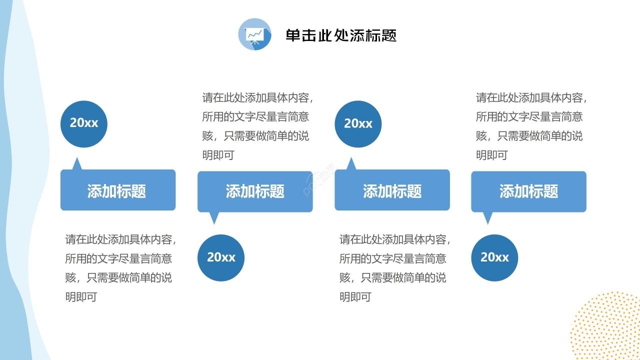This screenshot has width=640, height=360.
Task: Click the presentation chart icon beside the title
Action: pyautogui.click(x=255, y=34)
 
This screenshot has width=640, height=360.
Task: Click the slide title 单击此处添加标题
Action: pyautogui.click(x=341, y=35)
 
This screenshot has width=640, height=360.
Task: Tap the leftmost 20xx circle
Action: pyautogui.click(x=84, y=123)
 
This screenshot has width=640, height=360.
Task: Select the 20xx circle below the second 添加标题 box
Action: pyautogui.click(x=221, y=257)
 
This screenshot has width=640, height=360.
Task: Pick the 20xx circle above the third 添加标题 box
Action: pyautogui.click(x=358, y=124)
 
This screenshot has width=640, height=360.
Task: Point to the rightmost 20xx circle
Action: pyautogui.click(x=494, y=257)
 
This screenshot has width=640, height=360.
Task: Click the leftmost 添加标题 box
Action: pyautogui.click(x=118, y=190)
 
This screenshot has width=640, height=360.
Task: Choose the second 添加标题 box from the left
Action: pyautogui.click(x=255, y=191)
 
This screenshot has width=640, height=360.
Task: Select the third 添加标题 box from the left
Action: pyautogui.click(x=392, y=190)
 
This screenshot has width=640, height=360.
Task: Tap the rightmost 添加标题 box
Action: pyautogui.click(x=528, y=191)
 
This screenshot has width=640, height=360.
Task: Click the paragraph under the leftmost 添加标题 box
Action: pyautogui.click(x=120, y=268)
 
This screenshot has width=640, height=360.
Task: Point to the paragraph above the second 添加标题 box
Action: pyautogui.click(x=257, y=126)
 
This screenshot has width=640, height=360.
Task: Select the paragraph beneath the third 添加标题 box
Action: pyautogui.click(x=394, y=268)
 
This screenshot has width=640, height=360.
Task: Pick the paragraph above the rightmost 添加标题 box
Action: pyautogui.click(x=530, y=126)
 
